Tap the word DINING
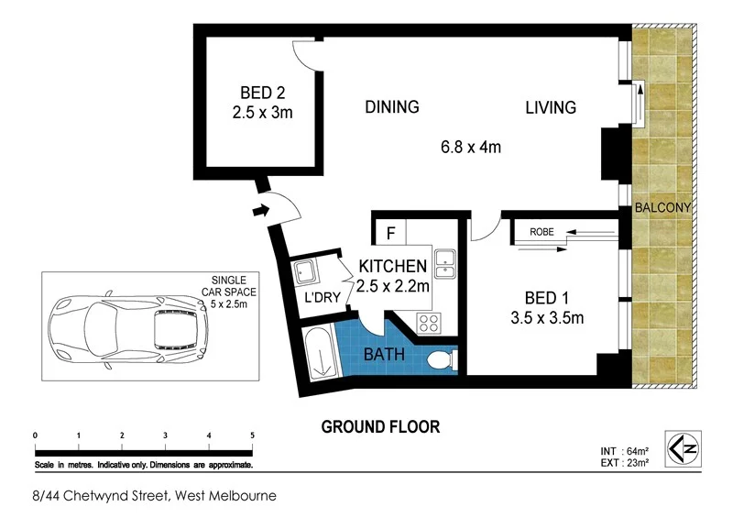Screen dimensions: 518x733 pyautogui.click(x=391, y=107)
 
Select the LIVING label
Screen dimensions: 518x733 pyautogui.click(x=550, y=108)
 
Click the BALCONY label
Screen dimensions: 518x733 pyautogui.click(x=662, y=208)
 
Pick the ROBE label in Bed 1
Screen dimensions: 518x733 pyautogui.click(x=542, y=231)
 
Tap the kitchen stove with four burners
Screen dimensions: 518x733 pyautogui.click(x=429, y=323)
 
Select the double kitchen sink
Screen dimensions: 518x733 pyautogui.click(x=445, y=262)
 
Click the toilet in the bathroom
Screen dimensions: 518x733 pyautogui.click(x=442, y=360)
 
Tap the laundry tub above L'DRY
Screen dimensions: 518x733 pyautogui.click(x=305, y=272)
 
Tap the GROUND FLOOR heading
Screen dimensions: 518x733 pyautogui.click(x=380, y=426)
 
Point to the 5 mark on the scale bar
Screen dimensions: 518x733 pyautogui.click(x=252, y=435)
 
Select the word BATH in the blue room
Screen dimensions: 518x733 pyautogui.click(x=384, y=354)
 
